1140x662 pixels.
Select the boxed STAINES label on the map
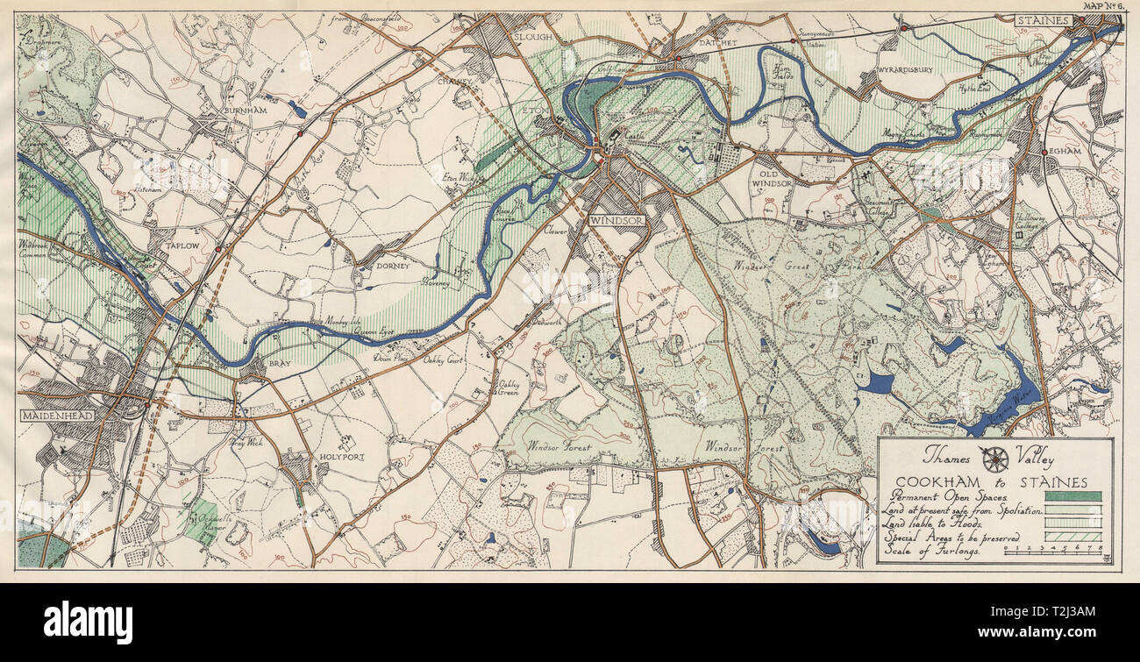[1044, 20]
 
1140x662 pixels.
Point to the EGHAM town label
[1069, 150]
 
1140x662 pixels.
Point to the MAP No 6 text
[1104, 6]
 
